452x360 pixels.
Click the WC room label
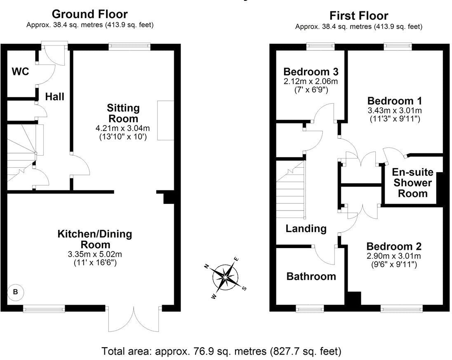tap(20, 71)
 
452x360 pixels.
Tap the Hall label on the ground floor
tap(54, 97)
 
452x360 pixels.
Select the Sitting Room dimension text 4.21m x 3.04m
tap(123, 129)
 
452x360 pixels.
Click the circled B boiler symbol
tap(16, 292)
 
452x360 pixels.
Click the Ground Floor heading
tap(89, 14)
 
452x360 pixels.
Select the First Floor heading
tap(359, 16)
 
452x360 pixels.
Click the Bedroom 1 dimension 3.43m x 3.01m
tap(395, 111)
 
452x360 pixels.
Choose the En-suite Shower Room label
tap(412, 182)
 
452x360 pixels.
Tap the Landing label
tap(306, 228)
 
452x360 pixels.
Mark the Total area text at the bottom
tap(222, 352)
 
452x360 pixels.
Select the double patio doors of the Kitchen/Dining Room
tap(134, 319)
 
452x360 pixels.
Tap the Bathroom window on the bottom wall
tap(310, 308)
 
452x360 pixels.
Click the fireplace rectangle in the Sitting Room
tap(165, 120)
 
